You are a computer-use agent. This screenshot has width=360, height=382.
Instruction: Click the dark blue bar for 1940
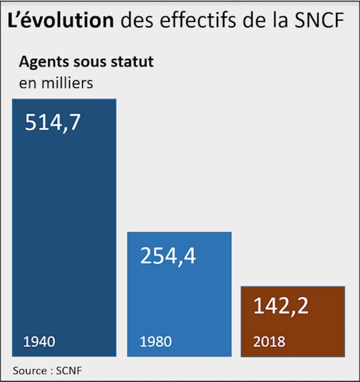tap(64, 227)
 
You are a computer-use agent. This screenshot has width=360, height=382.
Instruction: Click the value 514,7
tap(53, 123)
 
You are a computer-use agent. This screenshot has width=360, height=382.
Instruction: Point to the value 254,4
tap(168, 256)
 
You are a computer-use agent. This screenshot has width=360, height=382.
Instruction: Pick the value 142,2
tap(281, 306)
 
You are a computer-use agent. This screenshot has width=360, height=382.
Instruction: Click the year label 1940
tap(39, 341)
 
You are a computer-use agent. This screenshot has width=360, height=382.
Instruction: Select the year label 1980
tap(156, 341)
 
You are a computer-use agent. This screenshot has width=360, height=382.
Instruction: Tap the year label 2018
tap(269, 341)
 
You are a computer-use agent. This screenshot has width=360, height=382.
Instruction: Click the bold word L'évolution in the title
tap(61, 21)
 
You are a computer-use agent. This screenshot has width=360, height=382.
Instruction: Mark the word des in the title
tap(136, 21)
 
